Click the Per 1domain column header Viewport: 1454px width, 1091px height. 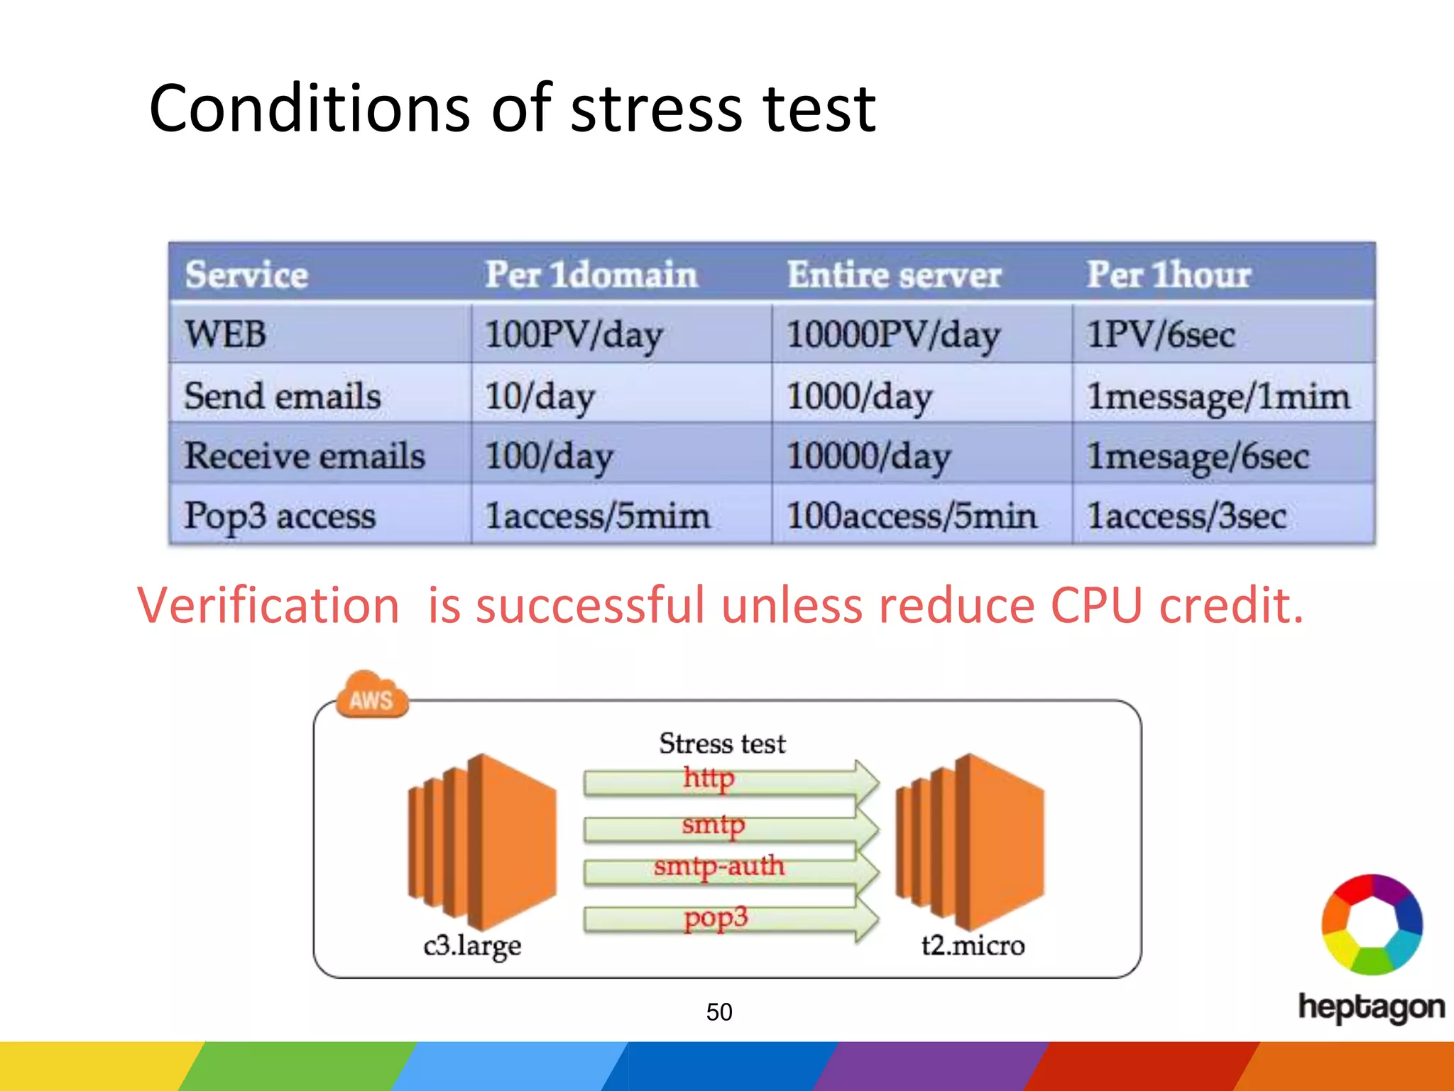coord(591,275)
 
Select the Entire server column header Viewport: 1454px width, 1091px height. coord(894,275)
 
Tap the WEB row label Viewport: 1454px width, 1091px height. coord(226,334)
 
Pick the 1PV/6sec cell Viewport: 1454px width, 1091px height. coord(1161,334)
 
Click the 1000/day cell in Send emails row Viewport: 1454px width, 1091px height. coord(859,396)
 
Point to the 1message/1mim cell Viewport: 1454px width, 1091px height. coord(1218,396)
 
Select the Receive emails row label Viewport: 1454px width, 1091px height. coord(305,455)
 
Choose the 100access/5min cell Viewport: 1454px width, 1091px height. coord(912,516)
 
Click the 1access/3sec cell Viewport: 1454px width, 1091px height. coord(1186,516)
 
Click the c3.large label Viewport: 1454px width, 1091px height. coord(472,945)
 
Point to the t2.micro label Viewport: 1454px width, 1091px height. coord(973,945)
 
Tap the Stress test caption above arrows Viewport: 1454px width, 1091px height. coord(722,744)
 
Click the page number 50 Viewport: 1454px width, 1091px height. coord(718,1011)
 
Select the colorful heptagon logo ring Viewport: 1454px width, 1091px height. coord(1372,923)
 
